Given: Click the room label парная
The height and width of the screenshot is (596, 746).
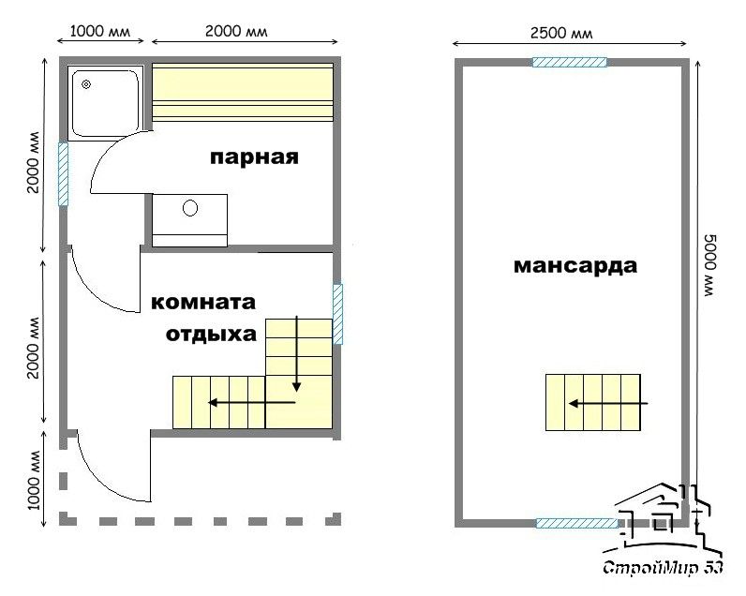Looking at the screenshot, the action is click(x=254, y=158).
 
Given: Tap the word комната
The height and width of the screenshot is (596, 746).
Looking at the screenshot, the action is click(x=203, y=302).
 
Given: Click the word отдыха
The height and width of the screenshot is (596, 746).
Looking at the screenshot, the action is click(x=211, y=335).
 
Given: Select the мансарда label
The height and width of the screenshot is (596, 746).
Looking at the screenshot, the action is click(x=575, y=266).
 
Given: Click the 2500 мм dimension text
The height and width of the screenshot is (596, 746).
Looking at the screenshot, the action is click(x=561, y=34).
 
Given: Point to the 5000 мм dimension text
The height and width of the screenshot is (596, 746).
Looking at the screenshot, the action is click(x=709, y=265).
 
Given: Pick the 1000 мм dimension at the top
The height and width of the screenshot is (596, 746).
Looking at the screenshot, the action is click(x=100, y=32).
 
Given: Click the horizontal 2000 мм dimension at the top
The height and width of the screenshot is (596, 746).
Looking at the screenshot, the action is click(x=236, y=32).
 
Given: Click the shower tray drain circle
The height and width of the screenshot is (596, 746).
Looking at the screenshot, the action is click(x=86, y=84).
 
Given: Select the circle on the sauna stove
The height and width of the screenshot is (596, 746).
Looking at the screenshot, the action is click(x=190, y=208).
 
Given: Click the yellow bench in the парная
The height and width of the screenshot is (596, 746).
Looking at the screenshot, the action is click(x=242, y=92).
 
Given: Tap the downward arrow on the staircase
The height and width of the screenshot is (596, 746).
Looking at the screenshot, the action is click(x=297, y=353).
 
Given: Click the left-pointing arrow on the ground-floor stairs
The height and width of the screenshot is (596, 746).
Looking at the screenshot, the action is click(x=252, y=403).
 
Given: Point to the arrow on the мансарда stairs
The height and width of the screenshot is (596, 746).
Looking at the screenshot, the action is click(x=608, y=404).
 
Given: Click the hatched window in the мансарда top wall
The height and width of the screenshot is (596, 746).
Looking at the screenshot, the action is click(x=570, y=62).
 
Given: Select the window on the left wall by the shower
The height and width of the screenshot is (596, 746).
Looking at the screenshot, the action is click(x=63, y=174).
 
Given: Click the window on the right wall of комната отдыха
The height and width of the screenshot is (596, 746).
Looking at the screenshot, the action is click(x=337, y=315).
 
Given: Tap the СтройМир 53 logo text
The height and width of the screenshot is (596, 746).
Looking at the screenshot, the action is click(x=663, y=568).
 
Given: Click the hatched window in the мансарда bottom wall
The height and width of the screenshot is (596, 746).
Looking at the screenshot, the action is click(x=576, y=523).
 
